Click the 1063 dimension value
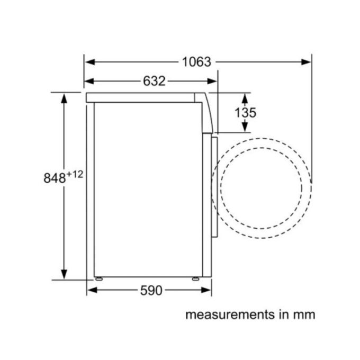(196, 62)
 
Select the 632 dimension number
(154, 81)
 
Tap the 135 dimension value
(245, 112)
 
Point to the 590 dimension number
(152, 290)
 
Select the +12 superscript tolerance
(75, 174)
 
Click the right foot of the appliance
(195, 278)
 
